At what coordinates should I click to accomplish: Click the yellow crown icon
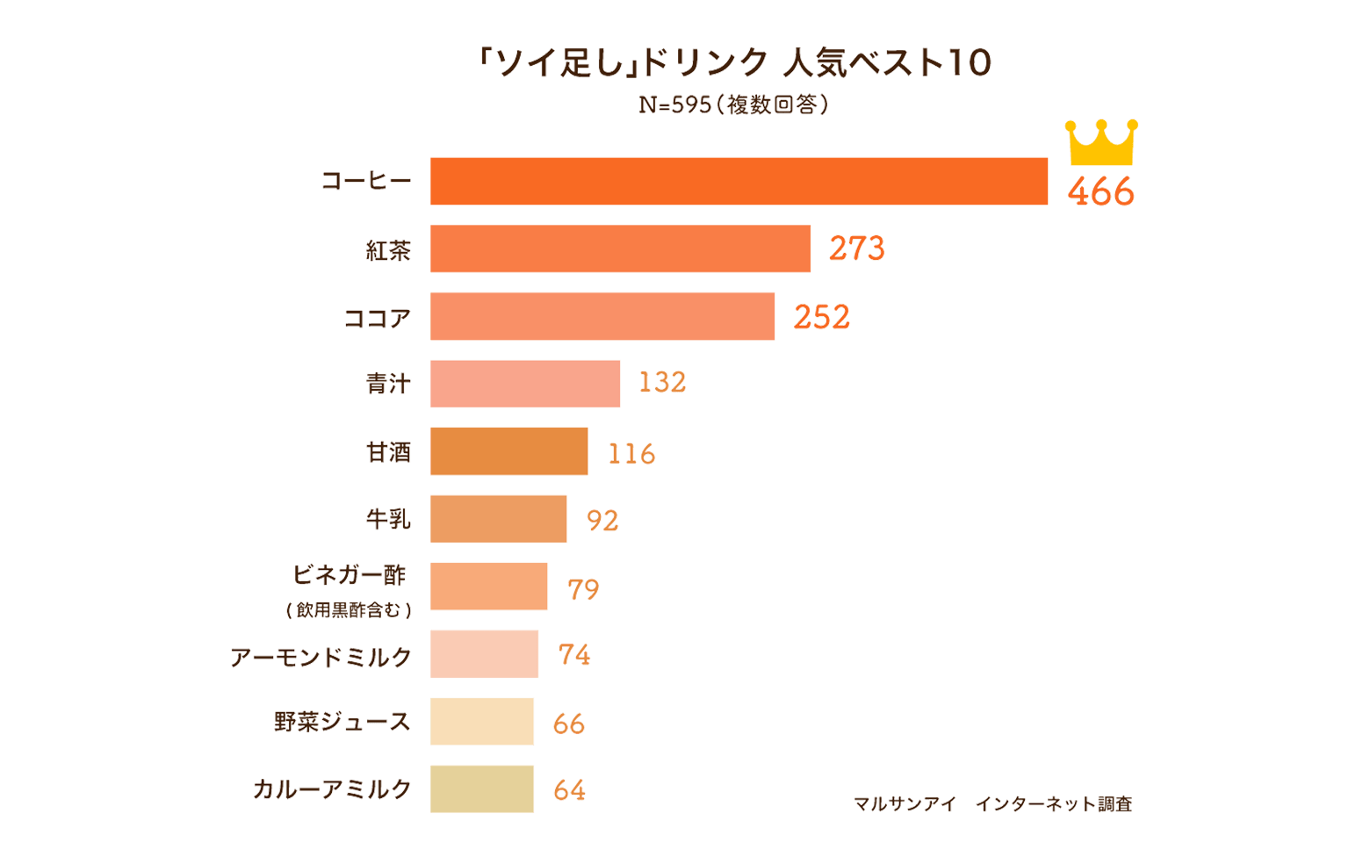click(1101, 143)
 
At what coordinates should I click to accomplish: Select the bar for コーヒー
click(739, 181)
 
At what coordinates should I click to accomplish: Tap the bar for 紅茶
click(620, 248)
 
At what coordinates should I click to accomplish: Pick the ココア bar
click(602, 316)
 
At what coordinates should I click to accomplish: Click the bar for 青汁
click(525, 384)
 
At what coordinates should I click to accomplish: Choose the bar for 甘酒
click(508, 451)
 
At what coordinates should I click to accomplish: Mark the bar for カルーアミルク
click(482, 789)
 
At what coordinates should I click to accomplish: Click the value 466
click(1100, 191)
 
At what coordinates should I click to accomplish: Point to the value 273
click(856, 248)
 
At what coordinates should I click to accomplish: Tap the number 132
click(662, 383)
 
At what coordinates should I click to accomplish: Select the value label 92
click(602, 520)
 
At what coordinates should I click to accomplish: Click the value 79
click(583, 588)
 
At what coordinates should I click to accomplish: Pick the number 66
click(568, 723)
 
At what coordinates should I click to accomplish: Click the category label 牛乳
click(388, 520)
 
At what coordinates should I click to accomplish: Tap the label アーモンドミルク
click(321, 657)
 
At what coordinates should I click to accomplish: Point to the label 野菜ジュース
click(342, 722)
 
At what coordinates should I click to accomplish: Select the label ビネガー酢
click(350, 576)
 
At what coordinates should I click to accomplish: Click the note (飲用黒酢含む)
click(349, 609)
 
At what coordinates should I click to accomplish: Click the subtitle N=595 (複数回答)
click(732, 105)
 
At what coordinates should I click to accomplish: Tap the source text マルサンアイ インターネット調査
click(992, 803)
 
